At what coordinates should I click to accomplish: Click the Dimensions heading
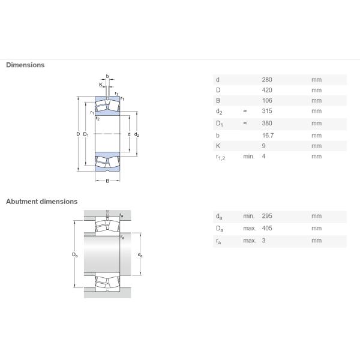(x=25, y=65)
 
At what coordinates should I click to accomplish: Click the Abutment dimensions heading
(x=42, y=202)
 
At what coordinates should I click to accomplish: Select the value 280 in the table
(x=267, y=80)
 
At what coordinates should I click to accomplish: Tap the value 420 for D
(x=267, y=90)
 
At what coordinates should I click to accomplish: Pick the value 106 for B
(x=267, y=100)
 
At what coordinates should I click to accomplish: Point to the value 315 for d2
(x=267, y=111)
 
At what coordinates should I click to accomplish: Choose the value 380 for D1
(x=267, y=123)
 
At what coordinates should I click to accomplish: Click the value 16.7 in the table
(x=268, y=136)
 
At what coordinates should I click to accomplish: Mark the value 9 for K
(x=263, y=146)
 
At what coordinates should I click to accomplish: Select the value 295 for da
(x=267, y=216)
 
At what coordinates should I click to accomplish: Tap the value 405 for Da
(x=267, y=228)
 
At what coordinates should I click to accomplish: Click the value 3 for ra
(x=263, y=241)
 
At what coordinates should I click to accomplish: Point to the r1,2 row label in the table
(x=220, y=157)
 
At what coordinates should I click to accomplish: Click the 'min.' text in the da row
(x=249, y=216)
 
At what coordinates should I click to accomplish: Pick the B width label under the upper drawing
(x=107, y=181)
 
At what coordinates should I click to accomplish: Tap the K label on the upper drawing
(x=101, y=84)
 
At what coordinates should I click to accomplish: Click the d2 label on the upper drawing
(x=137, y=134)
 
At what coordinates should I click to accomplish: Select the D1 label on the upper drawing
(x=86, y=134)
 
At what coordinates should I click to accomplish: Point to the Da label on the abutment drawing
(x=75, y=254)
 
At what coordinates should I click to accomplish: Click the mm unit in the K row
(x=316, y=146)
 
